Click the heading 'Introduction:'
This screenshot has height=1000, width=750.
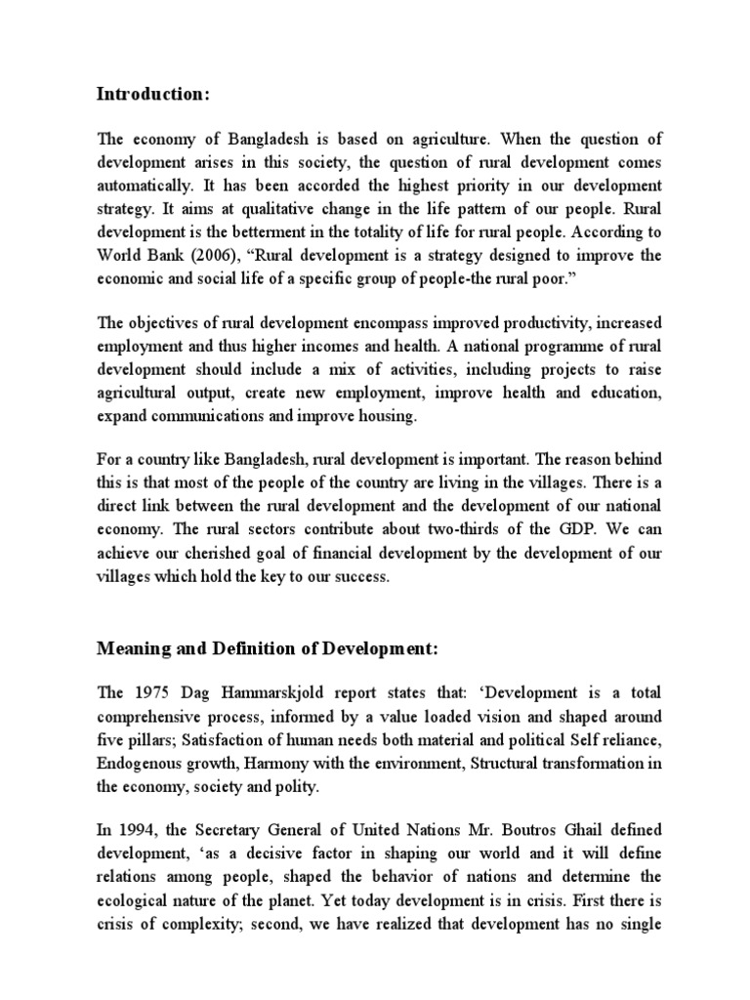tap(153, 95)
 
